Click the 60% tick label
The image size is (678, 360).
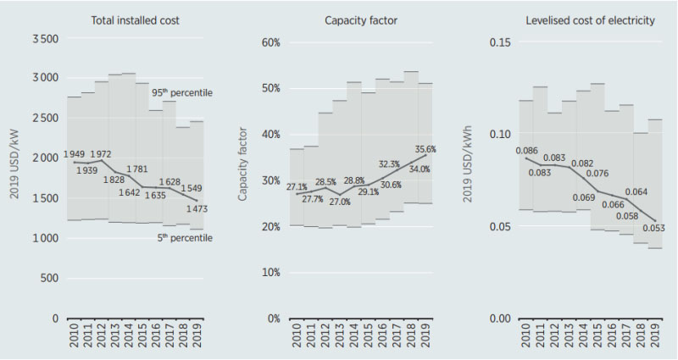[267, 42]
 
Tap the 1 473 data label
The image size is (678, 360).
[197, 208]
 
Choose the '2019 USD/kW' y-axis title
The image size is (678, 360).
[14, 180]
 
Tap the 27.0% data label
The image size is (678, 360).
[339, 203]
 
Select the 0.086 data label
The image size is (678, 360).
[528, 150]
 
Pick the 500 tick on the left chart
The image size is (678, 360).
[47, 278]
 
